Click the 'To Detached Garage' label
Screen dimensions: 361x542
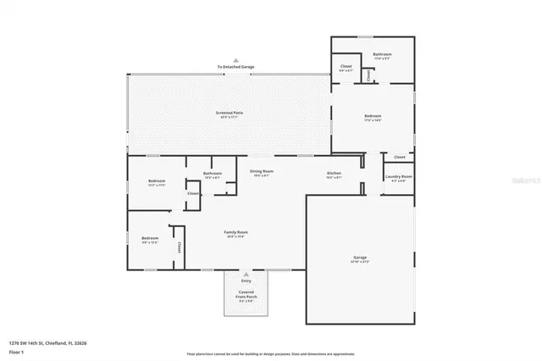(235, 66)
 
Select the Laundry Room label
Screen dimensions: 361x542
(398, 176)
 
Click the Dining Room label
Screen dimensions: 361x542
(261, 171)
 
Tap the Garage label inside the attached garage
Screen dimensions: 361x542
(360, 258)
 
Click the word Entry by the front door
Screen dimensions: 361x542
(246, 280)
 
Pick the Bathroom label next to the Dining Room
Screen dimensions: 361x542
(212, 173)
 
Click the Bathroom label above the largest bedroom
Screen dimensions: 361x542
(383, 54)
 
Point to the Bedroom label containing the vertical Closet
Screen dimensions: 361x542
(150, 238)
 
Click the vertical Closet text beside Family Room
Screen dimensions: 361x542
(179, 247)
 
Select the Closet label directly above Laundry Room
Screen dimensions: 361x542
(400, 157)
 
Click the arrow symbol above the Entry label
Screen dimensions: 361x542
(246, 275)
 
